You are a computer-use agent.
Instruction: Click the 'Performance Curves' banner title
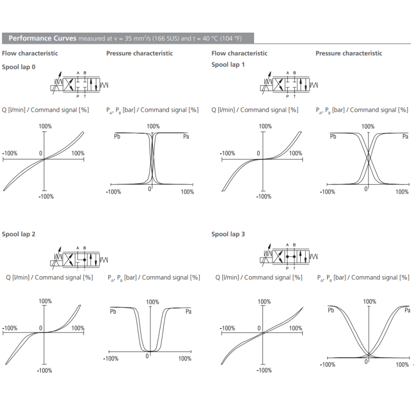tap(42, 38)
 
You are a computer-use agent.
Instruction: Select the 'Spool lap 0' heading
tap(19, 67)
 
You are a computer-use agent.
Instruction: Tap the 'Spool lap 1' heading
tap(228, 65)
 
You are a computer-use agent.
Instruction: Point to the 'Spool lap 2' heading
tap(19, 234)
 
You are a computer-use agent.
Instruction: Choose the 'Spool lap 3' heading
tap(228, 234)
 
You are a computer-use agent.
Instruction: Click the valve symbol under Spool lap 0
tap(81, 84)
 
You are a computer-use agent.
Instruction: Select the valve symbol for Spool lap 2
tap(81, 257)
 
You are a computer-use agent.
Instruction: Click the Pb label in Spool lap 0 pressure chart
tap(117, 136)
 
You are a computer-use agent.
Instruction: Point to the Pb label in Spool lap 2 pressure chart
tap(113, 311)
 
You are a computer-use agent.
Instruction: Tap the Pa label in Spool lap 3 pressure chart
tap(407, 310)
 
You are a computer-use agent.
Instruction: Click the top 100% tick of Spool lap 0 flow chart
tap(46, 126)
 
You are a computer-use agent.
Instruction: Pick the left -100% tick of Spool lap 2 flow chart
tap(10, 328)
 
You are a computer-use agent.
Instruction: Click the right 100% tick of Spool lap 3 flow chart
tap(295, 328)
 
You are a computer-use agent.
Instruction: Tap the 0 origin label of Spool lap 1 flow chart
tap(258, 154)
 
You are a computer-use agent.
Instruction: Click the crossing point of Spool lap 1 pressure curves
tap(368, 158)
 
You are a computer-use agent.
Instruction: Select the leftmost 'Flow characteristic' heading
tap(30, 53)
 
